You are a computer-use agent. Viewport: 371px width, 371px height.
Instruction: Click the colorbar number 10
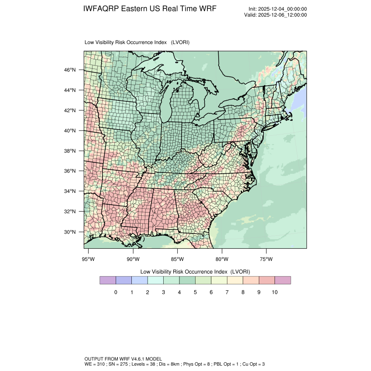[x=275, y=292]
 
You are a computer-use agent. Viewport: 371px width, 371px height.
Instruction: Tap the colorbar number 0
[x=116, y=292]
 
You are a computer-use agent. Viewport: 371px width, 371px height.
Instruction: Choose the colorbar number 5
[x=195, y=292]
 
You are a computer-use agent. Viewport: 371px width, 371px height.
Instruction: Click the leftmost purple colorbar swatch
[x=108, y=280]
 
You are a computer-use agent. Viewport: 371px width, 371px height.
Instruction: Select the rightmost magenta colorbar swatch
[x=283, y=280]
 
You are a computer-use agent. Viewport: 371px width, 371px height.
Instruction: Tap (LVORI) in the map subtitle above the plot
[x=180, y=42]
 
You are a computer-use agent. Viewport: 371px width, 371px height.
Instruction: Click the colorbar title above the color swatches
[x=195, y=271]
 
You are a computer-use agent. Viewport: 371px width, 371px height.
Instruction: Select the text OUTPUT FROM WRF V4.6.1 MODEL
[x=124, y=358]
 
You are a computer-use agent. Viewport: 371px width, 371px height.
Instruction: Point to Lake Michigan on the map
[x=165, y=103]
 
